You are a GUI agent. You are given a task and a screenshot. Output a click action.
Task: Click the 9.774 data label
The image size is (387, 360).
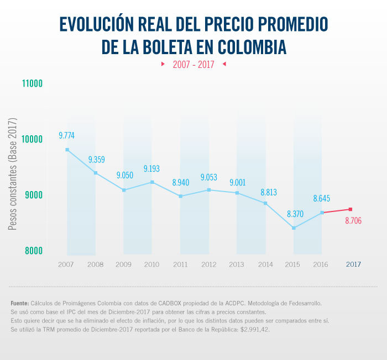67,135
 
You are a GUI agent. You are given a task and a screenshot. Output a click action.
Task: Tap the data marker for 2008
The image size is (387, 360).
96,173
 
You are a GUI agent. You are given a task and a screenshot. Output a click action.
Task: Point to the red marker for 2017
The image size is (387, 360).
351,209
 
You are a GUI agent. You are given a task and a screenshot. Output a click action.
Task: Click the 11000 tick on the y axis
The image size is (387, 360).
32,84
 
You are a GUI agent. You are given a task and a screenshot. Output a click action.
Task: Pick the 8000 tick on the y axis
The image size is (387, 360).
32,251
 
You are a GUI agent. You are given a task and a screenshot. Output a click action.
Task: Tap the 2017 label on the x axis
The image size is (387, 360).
353,264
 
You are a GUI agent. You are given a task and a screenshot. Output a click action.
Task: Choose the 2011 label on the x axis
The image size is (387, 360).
180,264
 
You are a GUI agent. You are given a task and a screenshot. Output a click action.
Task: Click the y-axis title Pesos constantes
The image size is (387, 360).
13,174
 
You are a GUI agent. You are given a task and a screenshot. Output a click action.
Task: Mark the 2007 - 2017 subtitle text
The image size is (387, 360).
193,65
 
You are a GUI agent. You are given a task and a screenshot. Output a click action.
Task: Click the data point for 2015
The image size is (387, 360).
294,228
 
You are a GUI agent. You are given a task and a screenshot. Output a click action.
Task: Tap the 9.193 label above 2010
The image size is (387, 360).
152,168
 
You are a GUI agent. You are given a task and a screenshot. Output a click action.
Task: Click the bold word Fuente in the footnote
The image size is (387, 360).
20,303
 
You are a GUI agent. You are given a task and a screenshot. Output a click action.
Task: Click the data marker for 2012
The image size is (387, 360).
208,190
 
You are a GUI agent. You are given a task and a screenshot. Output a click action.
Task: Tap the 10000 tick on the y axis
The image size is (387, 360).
32,139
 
